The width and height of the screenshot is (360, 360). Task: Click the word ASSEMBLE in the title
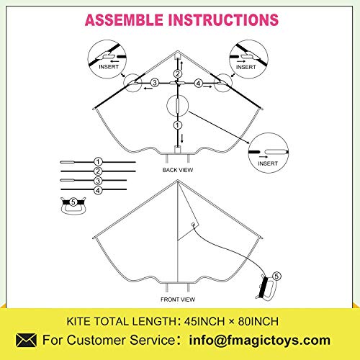point(124,20)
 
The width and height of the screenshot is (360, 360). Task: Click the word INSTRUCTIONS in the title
point(223,20)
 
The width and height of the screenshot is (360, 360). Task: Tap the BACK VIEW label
point(178,170)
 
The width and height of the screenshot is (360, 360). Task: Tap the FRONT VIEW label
point(178,300)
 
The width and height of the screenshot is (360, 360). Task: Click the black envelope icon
point(27,340)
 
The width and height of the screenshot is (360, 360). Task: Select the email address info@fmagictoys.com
point(260,341)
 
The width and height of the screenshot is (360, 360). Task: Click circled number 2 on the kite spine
point(178,73)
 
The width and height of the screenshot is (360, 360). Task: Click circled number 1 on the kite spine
point(178,125)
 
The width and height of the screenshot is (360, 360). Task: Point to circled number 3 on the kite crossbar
point(155,83)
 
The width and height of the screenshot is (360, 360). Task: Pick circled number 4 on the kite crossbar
point(198,84)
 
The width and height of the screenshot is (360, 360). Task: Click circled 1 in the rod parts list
point(98,162)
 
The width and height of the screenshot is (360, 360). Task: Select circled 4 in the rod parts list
point(98,190)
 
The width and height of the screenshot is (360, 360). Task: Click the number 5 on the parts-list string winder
point(73,202)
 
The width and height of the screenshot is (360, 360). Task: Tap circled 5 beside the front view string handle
point(276,276)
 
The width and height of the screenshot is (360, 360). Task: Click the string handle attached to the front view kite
point(267,288)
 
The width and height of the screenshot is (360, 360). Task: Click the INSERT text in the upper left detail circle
point(109,67)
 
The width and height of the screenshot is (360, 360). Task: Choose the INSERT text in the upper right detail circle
point(246,67)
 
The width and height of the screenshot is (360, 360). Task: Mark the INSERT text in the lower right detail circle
point(268,163)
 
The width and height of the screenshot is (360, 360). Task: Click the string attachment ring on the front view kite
point(193,225)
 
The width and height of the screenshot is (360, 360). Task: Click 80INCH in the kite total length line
point(258,321)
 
